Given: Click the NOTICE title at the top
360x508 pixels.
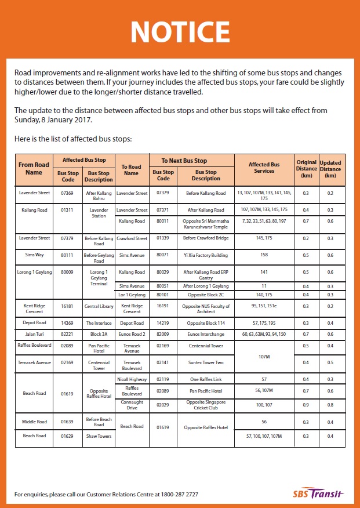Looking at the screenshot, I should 180,31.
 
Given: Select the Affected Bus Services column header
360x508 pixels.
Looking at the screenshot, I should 264,168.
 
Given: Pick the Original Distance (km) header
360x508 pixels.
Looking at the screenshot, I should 306,168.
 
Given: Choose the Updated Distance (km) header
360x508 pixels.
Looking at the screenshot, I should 330,168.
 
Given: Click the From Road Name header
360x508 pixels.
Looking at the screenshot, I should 34,168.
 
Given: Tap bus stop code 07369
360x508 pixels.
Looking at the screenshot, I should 67,193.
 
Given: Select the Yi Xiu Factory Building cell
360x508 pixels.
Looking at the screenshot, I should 206,255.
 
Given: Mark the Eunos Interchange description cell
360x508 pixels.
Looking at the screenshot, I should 206,335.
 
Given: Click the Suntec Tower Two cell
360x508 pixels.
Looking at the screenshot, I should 206,362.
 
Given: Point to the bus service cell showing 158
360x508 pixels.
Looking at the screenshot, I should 264,255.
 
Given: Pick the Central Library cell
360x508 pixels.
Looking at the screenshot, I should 99,306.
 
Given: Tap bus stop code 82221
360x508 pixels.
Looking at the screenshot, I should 67,335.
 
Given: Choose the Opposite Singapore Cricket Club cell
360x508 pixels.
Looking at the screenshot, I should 206,404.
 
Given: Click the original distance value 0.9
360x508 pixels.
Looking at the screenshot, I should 306,404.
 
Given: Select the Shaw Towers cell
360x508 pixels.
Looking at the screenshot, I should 99,436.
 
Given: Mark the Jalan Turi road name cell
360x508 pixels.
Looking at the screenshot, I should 34,335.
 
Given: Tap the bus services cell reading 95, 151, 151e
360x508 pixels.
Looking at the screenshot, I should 264,306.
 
